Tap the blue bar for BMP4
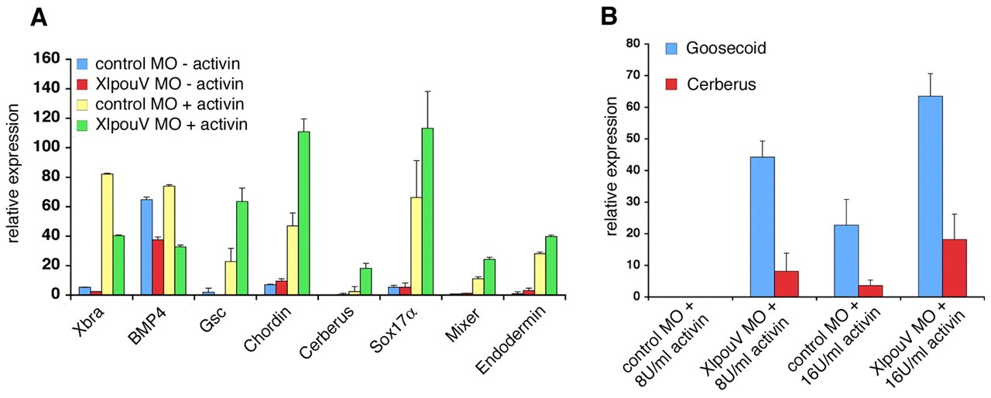146,247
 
